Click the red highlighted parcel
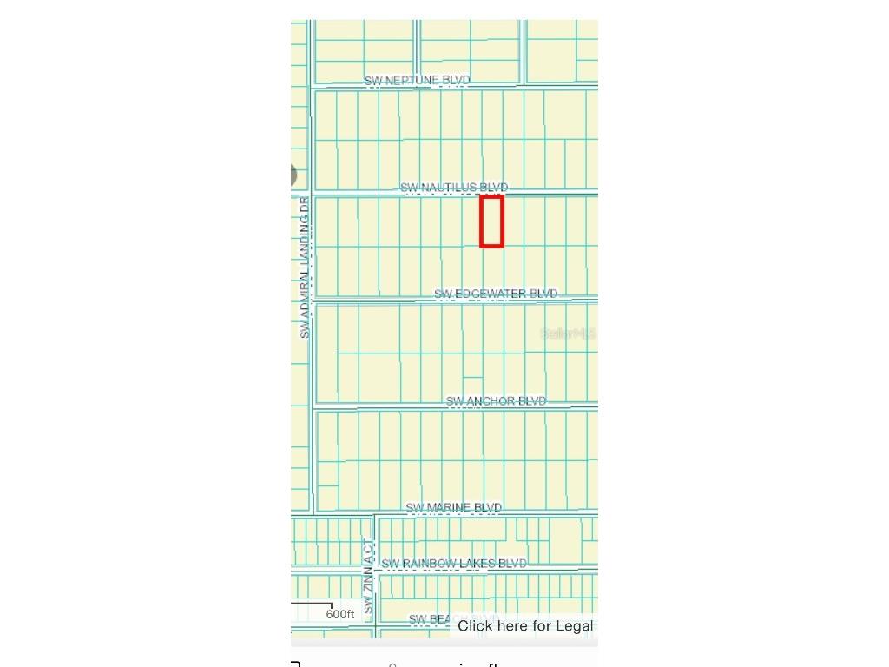click(x=491, y=221)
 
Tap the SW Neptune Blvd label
click(x=417, y=81)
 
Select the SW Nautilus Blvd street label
click(x=454, y=188)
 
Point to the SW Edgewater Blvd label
click(x=496, y=294)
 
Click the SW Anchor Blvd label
click(x=496, y=401)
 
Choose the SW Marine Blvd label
click(x=454, y=508)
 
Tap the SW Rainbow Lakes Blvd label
click(x=454, y=564)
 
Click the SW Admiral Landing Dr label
click(x=304, y=267)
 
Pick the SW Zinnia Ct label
click(x=368, y=577)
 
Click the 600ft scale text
click(x=340, y=615)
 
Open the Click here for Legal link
click(x=524, y=626)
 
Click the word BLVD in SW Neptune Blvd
click(x=456, y=81)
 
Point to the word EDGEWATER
click(x=491, y=294)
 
